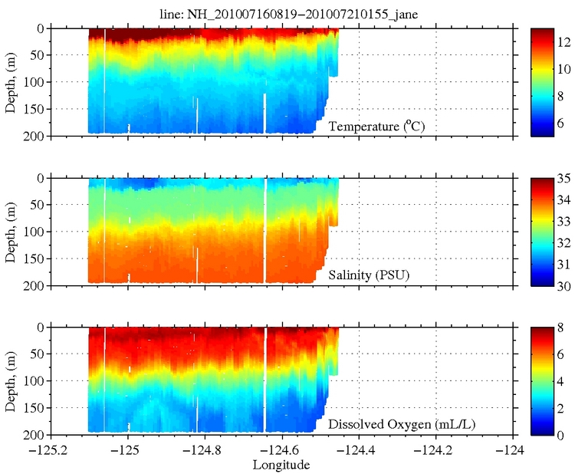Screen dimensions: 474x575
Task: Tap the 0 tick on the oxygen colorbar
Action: [x=560, y=435]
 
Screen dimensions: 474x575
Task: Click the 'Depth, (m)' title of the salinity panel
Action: [x=11, y=232]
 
